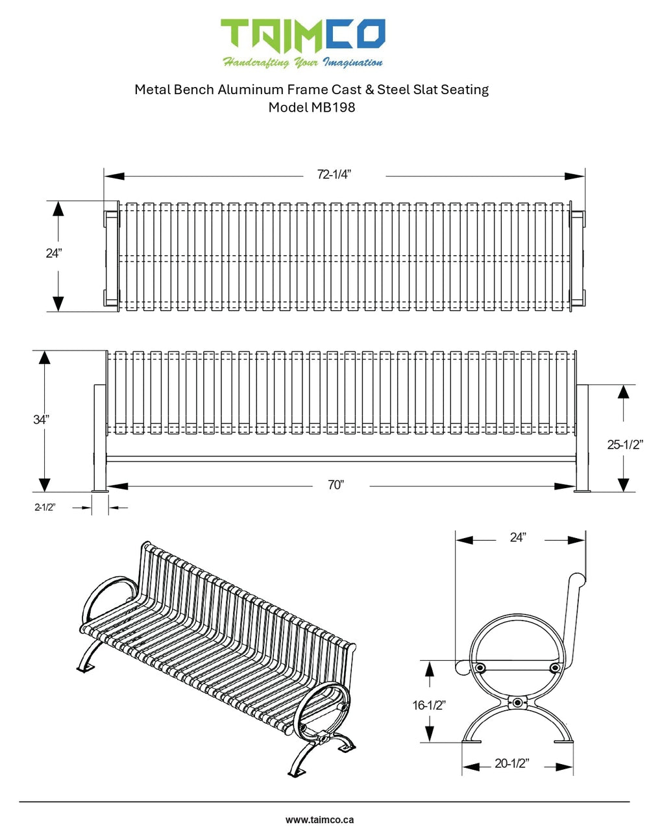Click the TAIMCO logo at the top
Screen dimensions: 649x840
click(x=303, y=36)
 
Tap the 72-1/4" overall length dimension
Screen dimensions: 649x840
click(x=334, y=175)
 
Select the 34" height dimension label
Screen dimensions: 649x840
click(x=41, y=419)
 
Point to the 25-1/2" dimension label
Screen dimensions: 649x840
click(x=625, y=445)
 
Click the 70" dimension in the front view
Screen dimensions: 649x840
click(x=336, y=484)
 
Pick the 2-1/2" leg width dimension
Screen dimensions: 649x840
click(x=45, y=507)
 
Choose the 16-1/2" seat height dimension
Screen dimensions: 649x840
click(x=429, y=705)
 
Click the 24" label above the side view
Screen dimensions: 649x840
click(x=518, y=537)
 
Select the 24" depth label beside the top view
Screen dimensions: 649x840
click(x=54, y=253)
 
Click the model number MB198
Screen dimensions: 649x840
click(x=333, y=107)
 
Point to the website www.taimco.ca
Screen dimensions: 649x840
click(x=319, y=820)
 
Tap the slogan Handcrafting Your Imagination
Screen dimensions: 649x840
click(x=303, y=62)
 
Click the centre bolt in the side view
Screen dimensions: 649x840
click(x=518, y=702)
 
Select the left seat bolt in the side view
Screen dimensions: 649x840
click(x=480, y=667)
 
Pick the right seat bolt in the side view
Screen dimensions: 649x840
click(x=555, y=667)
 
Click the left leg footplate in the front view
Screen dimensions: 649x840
click(x=101, y=491)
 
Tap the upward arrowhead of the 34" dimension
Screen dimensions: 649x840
click(x=44, y=358)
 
